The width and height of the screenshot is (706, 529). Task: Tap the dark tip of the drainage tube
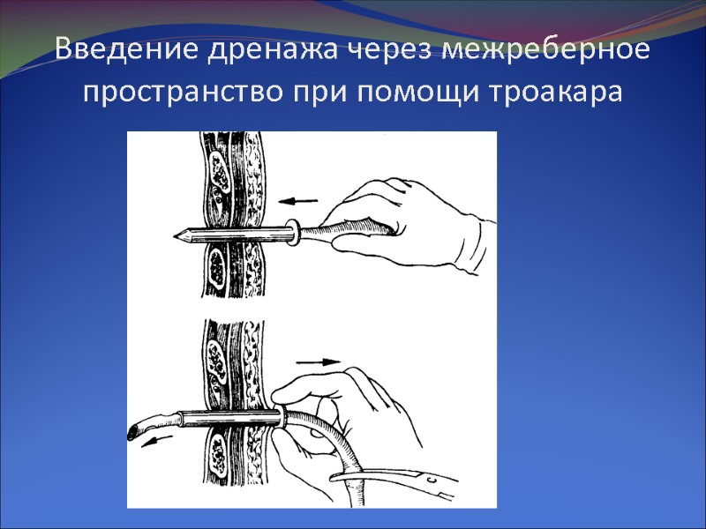[135, 431]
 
